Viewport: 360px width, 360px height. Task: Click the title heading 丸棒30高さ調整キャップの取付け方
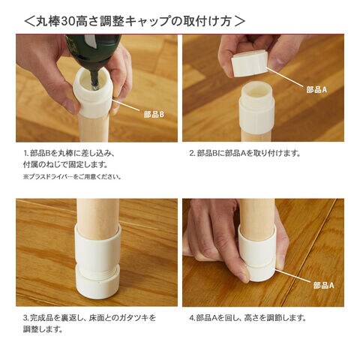[134, 22]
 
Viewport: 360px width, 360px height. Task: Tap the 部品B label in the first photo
[154, 115]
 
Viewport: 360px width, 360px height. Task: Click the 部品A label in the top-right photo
[316, 89]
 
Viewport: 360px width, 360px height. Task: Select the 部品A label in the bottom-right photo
[324, 285]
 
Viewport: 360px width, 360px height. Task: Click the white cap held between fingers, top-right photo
[250, 64]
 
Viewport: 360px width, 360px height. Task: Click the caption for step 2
[244, 153]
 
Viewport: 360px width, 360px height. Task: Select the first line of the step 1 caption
[69, 153]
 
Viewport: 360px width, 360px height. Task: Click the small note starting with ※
[72, 177]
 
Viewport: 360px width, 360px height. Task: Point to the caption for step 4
[247, 318]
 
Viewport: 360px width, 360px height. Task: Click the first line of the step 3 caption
[89, 318]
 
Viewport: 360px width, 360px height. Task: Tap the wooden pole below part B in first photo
[93, 129]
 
